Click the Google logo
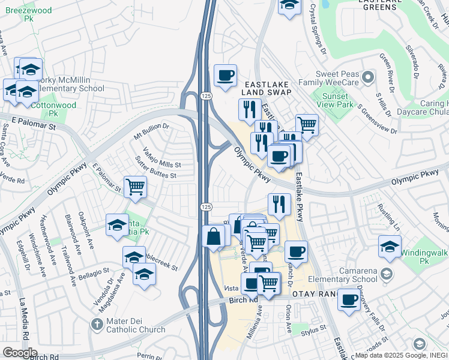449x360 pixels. pyautogui.click(x=20, y=353)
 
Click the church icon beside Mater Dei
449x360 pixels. pyautogui.click(x=97, y=325)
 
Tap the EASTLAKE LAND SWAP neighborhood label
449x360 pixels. pyautogui.click(x=267, y=88)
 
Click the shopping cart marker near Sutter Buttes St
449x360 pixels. pyautogui.click(x=136, y=187)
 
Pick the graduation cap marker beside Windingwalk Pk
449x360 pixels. pyautogui.click(x=390, y=247)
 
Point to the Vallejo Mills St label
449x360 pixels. pyautogui.click(x=161, y=157)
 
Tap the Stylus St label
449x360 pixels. pyautogui.click(x=313, y=329)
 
